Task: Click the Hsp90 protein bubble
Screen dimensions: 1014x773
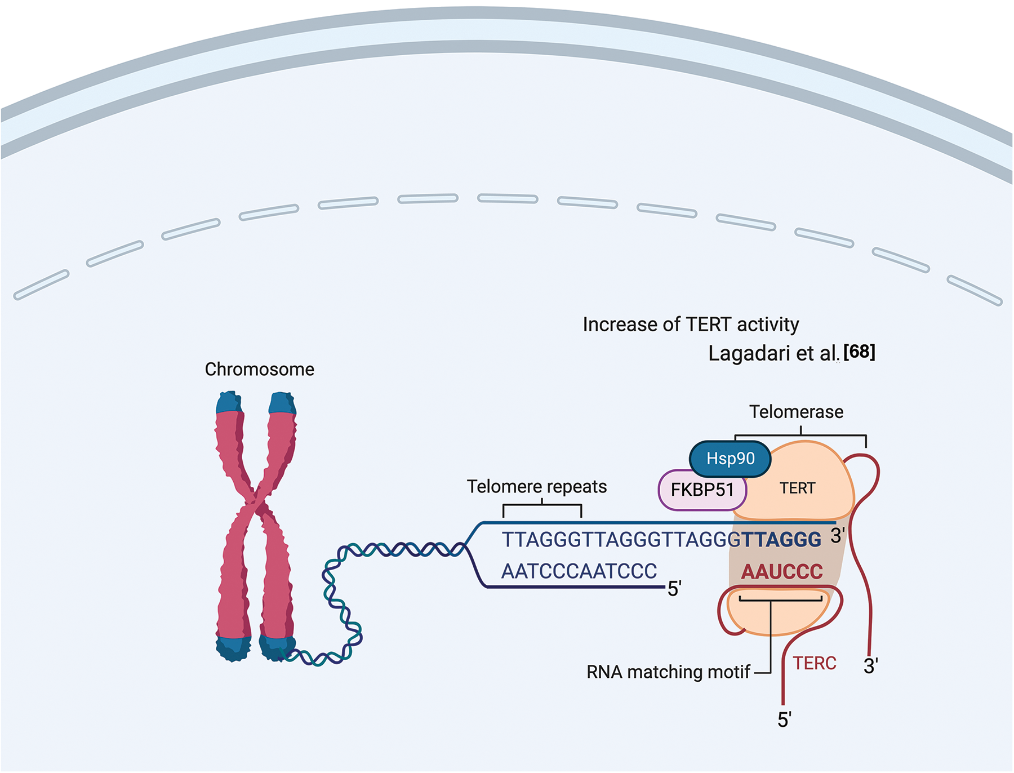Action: pos(730,459)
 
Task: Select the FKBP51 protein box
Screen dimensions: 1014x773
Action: pos(702,490)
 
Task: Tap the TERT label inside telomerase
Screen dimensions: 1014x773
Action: pos(797,488)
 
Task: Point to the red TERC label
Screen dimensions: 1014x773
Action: pos(815,663)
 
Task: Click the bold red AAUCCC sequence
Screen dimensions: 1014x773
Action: pos(782,571)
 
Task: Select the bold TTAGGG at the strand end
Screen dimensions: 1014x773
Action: pos(781,540)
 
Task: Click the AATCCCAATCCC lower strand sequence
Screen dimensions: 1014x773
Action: pos(579,571)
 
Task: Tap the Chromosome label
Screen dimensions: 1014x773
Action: pos(260,369)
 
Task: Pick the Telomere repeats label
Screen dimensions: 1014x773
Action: pos(537,486)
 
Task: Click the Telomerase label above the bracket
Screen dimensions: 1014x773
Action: pos(797,411)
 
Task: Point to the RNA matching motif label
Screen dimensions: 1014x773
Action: pos(668,672)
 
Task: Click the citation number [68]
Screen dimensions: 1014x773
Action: pos(859,352)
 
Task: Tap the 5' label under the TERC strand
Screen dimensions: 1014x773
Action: pos(784,719)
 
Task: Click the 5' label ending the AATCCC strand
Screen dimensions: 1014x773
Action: pos(674,589)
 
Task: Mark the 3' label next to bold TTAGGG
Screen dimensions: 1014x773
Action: pos(838,535)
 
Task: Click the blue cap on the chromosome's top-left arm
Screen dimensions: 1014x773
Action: pos(229,402)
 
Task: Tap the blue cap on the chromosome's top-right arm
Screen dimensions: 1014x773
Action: pos(282,403)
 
